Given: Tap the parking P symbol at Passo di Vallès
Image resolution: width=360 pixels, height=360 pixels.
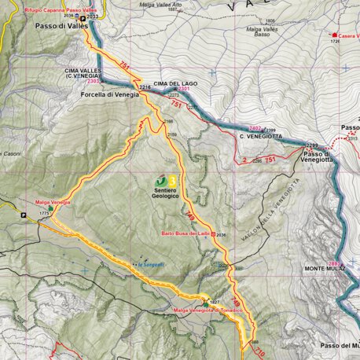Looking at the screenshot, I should [x=82, y=17].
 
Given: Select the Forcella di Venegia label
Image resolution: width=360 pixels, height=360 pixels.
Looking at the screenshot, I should [x=109, y=93].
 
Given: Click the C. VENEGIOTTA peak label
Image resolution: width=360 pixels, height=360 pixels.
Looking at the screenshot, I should [x=258, y=136].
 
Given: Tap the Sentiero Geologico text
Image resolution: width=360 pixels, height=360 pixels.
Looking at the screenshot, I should [x=166, y=192].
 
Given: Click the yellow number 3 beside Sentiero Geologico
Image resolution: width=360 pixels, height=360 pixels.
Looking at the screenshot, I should [x=172, y=179].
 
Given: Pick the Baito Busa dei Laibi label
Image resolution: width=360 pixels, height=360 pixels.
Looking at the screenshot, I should [x=186, y=234].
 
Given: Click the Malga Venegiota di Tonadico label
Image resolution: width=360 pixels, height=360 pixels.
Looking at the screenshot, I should [x=203, y=310].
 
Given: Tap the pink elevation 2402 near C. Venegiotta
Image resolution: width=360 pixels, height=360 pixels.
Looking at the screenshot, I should [x=254, y=128].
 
